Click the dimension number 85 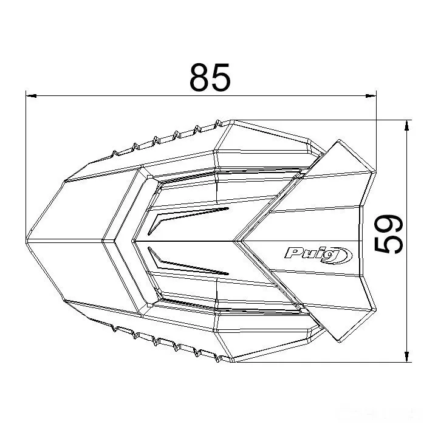210,77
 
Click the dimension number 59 389,234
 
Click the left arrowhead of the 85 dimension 31,96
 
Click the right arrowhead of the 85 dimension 371,96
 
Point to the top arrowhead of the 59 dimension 408,125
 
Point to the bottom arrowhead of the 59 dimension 408,357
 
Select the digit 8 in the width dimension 199,77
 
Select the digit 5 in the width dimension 221,77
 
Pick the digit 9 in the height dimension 389,224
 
